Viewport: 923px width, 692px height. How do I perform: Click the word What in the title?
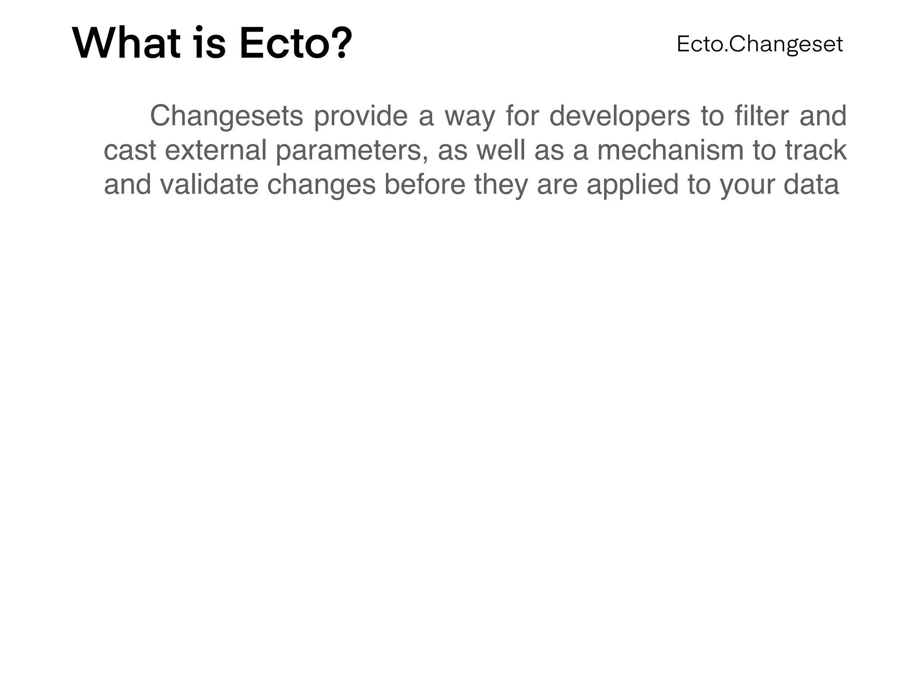point(126,44)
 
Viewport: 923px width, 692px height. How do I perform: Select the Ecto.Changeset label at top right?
point(759,44)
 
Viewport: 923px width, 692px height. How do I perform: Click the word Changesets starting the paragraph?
point(226,116)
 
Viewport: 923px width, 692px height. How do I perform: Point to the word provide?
point(361,116)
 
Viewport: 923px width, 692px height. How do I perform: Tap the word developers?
point(619,116)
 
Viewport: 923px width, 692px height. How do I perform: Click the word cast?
point(130,150)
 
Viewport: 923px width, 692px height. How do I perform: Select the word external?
point(216,150)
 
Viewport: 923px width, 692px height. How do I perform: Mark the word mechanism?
point(670,150)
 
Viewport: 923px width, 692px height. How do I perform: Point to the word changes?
point(321,185)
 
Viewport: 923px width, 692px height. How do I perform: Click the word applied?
point(632,185)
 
